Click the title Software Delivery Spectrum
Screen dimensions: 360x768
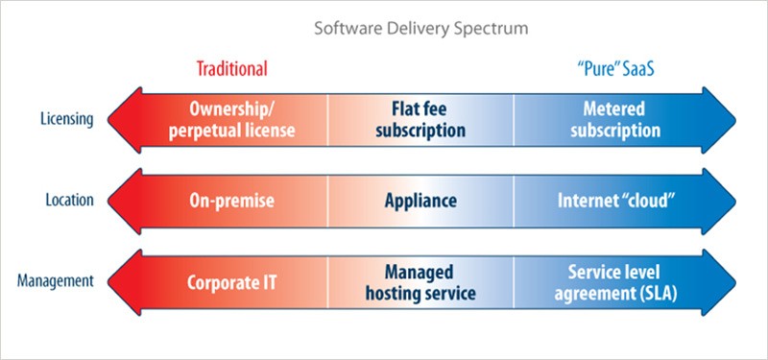422,28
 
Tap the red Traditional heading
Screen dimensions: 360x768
231,69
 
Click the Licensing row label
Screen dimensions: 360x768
67,120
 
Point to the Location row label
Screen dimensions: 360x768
69,201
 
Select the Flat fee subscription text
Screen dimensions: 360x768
420,120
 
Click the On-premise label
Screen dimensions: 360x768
230,202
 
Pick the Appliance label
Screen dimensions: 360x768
420,202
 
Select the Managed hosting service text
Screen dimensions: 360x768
420,282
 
